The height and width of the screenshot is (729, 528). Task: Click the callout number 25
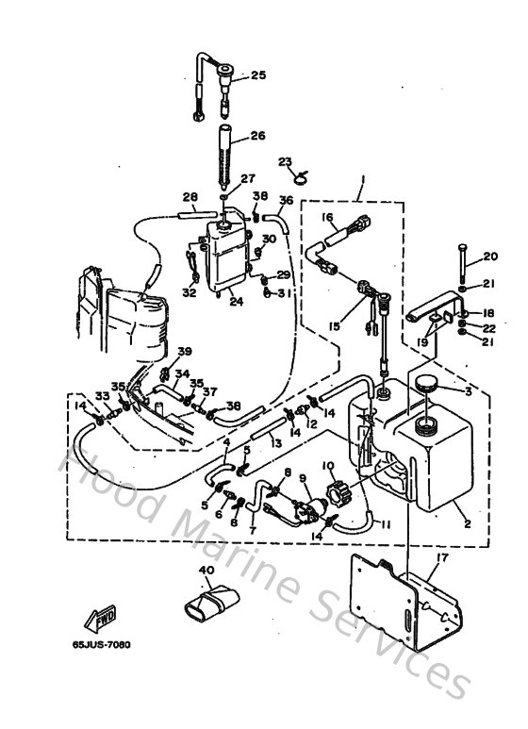click(258, 75)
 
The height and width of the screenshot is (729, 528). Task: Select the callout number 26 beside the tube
click(258, 136)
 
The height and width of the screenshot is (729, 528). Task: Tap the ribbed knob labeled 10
click(337, 491)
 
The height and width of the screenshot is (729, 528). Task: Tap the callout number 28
click(190, 197)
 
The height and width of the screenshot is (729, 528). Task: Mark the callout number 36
click(288, 200)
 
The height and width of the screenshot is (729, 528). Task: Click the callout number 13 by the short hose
click(275, 443)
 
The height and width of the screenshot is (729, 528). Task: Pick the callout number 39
click(184, 351)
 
